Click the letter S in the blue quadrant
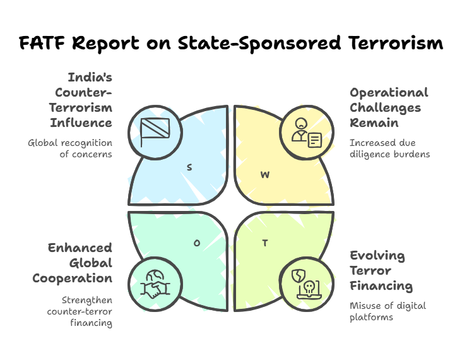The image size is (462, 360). [189, 167]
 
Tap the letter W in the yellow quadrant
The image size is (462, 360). [265, 174]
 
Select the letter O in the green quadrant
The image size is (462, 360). [196, 242]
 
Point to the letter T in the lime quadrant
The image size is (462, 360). [265, 243]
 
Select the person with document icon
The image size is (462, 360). [306, 133]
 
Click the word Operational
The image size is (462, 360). [389, 92]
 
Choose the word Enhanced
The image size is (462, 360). [80, 248]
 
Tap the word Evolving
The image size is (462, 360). [377, 256]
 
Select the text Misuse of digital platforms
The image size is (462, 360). [388, 311]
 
